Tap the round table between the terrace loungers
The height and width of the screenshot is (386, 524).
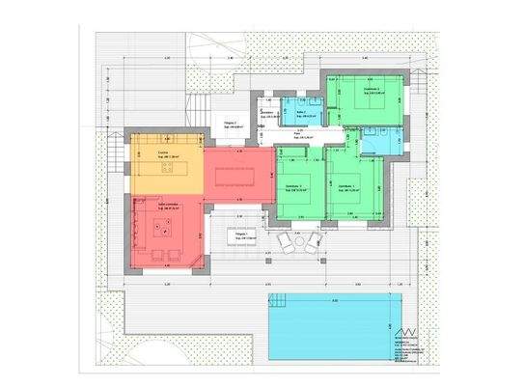tap(296, 241)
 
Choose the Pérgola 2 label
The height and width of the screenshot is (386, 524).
tap(231, 125)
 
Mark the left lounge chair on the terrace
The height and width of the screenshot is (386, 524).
tap(283, 241)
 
